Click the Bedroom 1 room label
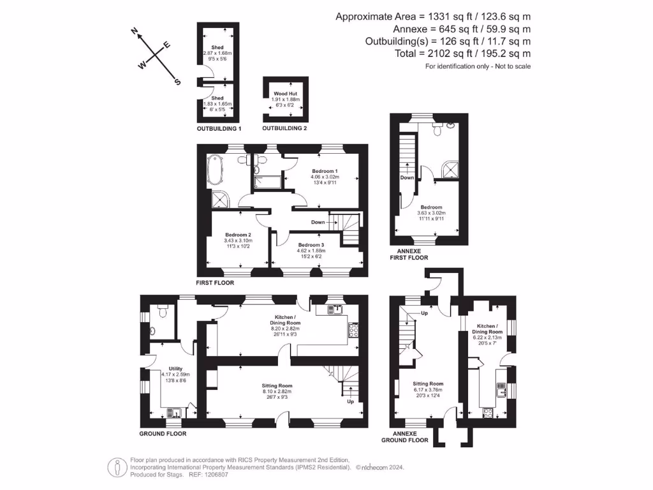coord(325,172)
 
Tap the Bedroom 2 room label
coord(238,235)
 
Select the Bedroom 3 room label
coord(311,245)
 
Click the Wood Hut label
coord(286,93)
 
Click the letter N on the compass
coord(135,31)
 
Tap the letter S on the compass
coord(177,81)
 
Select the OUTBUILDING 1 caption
coord(218,128)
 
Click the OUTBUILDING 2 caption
coord(285,128)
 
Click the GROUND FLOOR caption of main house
coord(163,433)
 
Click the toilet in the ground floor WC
coord(161,313)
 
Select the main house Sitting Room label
coord(277,385)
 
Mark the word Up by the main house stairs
coord(350,402)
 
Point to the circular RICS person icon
coord(115,466)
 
